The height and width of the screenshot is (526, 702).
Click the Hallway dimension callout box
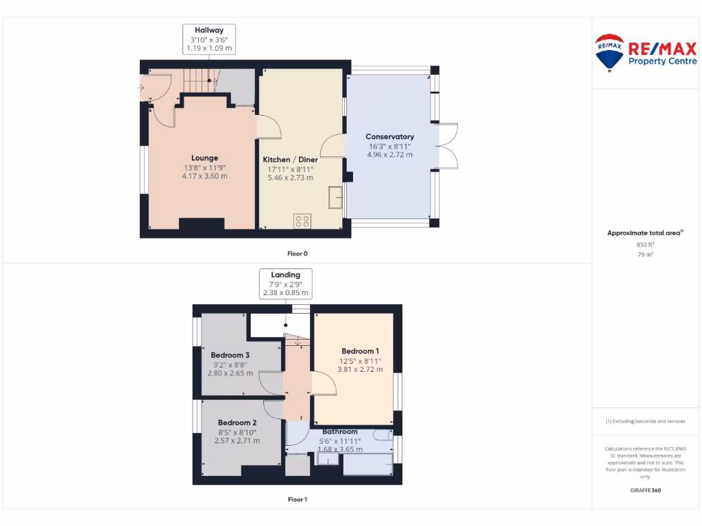point(209,39)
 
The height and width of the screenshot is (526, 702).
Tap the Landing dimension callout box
point(286,284)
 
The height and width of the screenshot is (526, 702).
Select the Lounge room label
point(204,158)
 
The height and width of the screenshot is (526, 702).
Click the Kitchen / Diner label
point(290,159)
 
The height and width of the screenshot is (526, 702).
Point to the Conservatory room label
point(389,136)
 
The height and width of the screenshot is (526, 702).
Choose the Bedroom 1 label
point(360,351)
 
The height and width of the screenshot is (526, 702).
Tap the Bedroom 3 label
point(230,355)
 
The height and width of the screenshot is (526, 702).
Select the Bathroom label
point(340,431)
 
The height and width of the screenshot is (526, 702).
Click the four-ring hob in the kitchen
point(302,221)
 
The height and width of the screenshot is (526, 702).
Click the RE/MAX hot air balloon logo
point(609,52)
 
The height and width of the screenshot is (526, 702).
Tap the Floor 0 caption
point(298,253)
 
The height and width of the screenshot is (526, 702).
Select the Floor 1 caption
point(298,499)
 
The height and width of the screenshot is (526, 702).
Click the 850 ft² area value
point(645,244)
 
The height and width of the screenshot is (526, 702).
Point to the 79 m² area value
point(645,254)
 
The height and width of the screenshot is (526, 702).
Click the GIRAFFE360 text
point(645,490)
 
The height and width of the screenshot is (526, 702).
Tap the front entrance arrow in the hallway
point(141,88)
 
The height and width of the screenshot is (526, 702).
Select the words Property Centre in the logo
point(662,61)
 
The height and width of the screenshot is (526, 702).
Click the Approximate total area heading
point(644,233)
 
